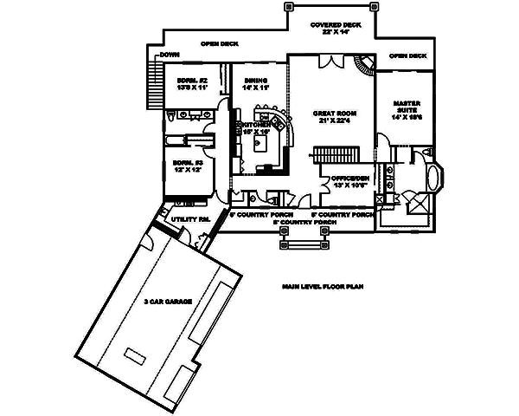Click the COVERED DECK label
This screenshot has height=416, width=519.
pyautogui.click(x=329, y=25)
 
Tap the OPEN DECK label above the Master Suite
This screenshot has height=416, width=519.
pyautogui.click(x=407, y=56)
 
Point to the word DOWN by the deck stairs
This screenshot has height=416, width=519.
pyautogui.click(x=169, y=56)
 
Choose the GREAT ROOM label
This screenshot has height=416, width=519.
pyautogui.click(x=330, y=114)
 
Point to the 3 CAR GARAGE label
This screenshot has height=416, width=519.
pyautogui.click(x=168, y=301)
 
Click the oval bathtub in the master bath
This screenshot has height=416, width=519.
pyautogui.click(x=432, y=179)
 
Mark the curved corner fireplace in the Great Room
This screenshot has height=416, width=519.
pyautogui.click(x=364, y=63)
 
